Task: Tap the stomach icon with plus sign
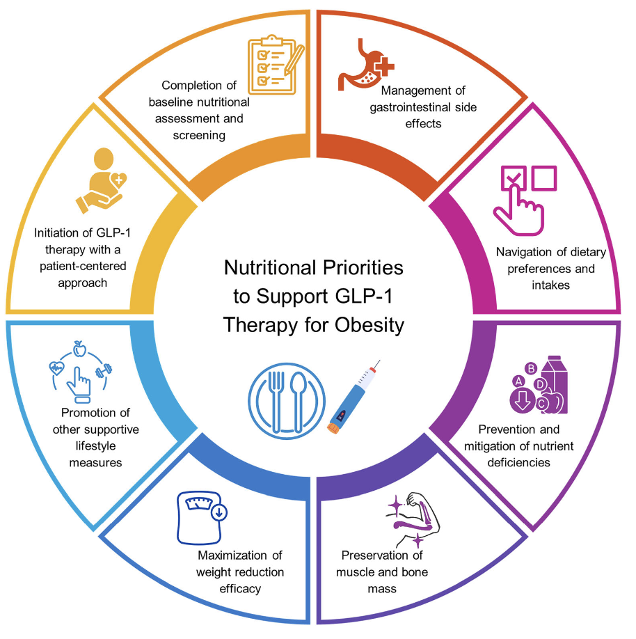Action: point(365,65)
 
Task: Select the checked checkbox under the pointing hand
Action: point(513,178)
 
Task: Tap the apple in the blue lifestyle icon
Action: point(79,349)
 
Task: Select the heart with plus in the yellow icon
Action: point(118,180)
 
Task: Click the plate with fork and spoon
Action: point(287,401)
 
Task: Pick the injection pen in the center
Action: point(353,397)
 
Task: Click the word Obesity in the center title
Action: point(369,325)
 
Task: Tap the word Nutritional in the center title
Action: point(270,268)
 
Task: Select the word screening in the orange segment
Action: point(199,135)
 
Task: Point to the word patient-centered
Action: point(83,266)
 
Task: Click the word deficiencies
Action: point(518,462)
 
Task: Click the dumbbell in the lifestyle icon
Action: point(104,370)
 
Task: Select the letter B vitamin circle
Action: point(531,369)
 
